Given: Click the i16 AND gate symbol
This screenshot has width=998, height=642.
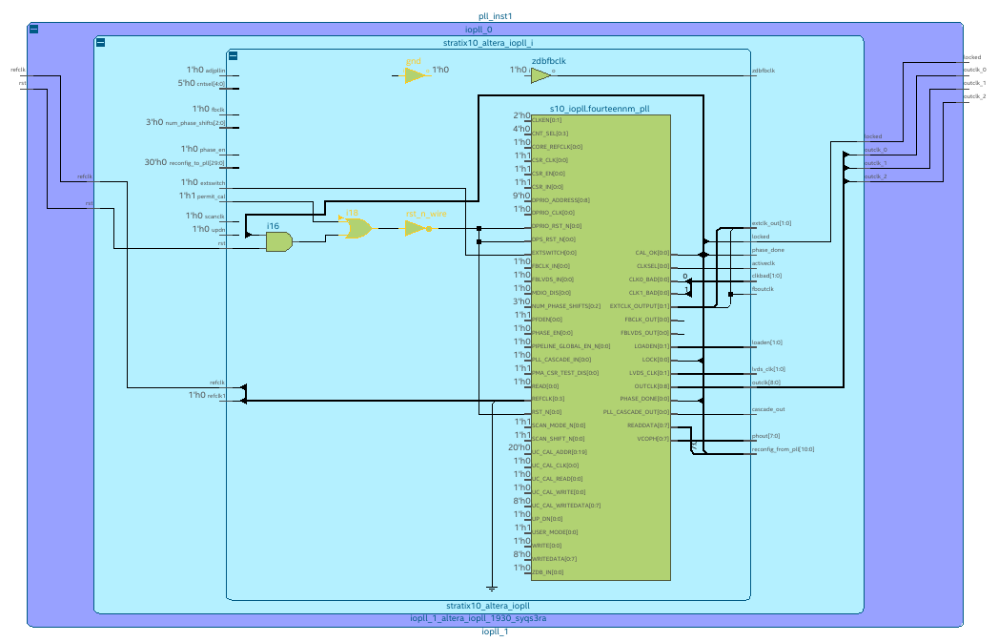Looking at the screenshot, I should (278, 242).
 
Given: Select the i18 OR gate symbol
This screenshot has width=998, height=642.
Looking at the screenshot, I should (355, 228).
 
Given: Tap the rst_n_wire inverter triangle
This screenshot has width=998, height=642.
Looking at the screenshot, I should (417, 229).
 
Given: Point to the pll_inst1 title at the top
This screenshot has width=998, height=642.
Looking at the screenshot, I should (496, 17).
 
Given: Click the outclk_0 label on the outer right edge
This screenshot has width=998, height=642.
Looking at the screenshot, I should (975, 70).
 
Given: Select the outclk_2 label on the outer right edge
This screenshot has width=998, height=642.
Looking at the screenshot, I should (975, 96).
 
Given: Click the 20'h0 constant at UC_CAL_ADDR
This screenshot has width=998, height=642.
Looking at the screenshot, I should (519, 447).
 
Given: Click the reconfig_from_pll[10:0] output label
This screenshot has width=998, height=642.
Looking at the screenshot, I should (783, 448).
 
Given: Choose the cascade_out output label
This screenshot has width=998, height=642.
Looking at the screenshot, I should (768, 409).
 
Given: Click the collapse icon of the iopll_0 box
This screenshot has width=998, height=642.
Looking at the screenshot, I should (33, 30).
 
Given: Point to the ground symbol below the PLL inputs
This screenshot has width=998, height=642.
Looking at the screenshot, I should (491, 586).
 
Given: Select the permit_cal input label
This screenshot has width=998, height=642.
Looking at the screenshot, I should (213, 197).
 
